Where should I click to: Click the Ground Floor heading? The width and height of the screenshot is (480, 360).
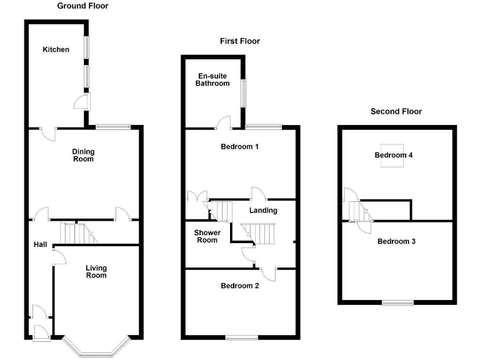(x=82, y=6)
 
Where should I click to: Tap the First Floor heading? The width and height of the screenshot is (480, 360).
(x=239, y=41)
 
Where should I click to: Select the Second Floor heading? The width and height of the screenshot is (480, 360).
(x=396, y=112)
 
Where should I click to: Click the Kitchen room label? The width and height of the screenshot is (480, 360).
(x=56, y=49)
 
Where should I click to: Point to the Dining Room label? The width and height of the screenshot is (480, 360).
(x=82, y=155)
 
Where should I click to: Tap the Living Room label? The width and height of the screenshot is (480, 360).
(x=96, y=271)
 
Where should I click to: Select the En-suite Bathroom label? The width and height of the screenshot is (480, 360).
(x=212, y=79)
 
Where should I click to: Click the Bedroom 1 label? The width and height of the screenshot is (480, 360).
(x=240, y=147)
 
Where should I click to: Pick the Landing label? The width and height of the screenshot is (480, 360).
(x=263, y=210)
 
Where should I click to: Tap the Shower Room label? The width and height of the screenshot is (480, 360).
(x=206, y=236)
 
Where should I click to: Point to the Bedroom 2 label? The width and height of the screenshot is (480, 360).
(x=239, y=286)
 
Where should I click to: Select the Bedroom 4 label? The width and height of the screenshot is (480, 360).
(x=394, y=155)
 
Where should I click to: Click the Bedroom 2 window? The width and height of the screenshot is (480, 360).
(x=242, y=337)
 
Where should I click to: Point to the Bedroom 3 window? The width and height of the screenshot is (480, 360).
(x=398, y=303)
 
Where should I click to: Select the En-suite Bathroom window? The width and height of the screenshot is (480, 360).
(x=244, y=94)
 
